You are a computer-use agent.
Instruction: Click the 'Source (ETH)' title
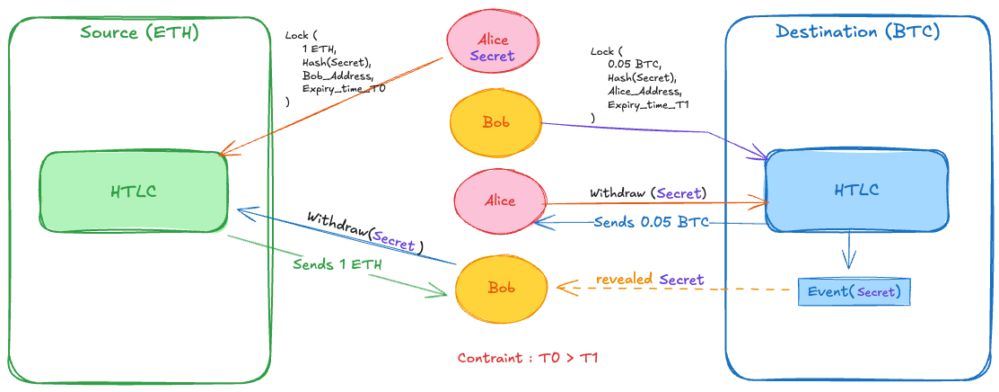139,33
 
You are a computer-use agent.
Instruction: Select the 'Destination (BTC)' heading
857,31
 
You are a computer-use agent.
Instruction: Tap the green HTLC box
134,191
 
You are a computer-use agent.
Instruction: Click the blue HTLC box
857,190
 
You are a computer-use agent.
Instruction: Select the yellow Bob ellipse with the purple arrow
495,121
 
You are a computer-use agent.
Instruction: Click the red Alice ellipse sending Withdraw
500,200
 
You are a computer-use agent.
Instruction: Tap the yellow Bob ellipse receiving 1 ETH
500,288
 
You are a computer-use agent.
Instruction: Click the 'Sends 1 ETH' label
336,265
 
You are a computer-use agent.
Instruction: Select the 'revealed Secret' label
650,280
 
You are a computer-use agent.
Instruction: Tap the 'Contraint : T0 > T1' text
528,358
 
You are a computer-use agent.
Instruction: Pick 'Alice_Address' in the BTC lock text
644,92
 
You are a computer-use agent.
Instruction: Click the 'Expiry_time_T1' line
648,105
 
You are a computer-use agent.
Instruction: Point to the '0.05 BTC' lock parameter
634,65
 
